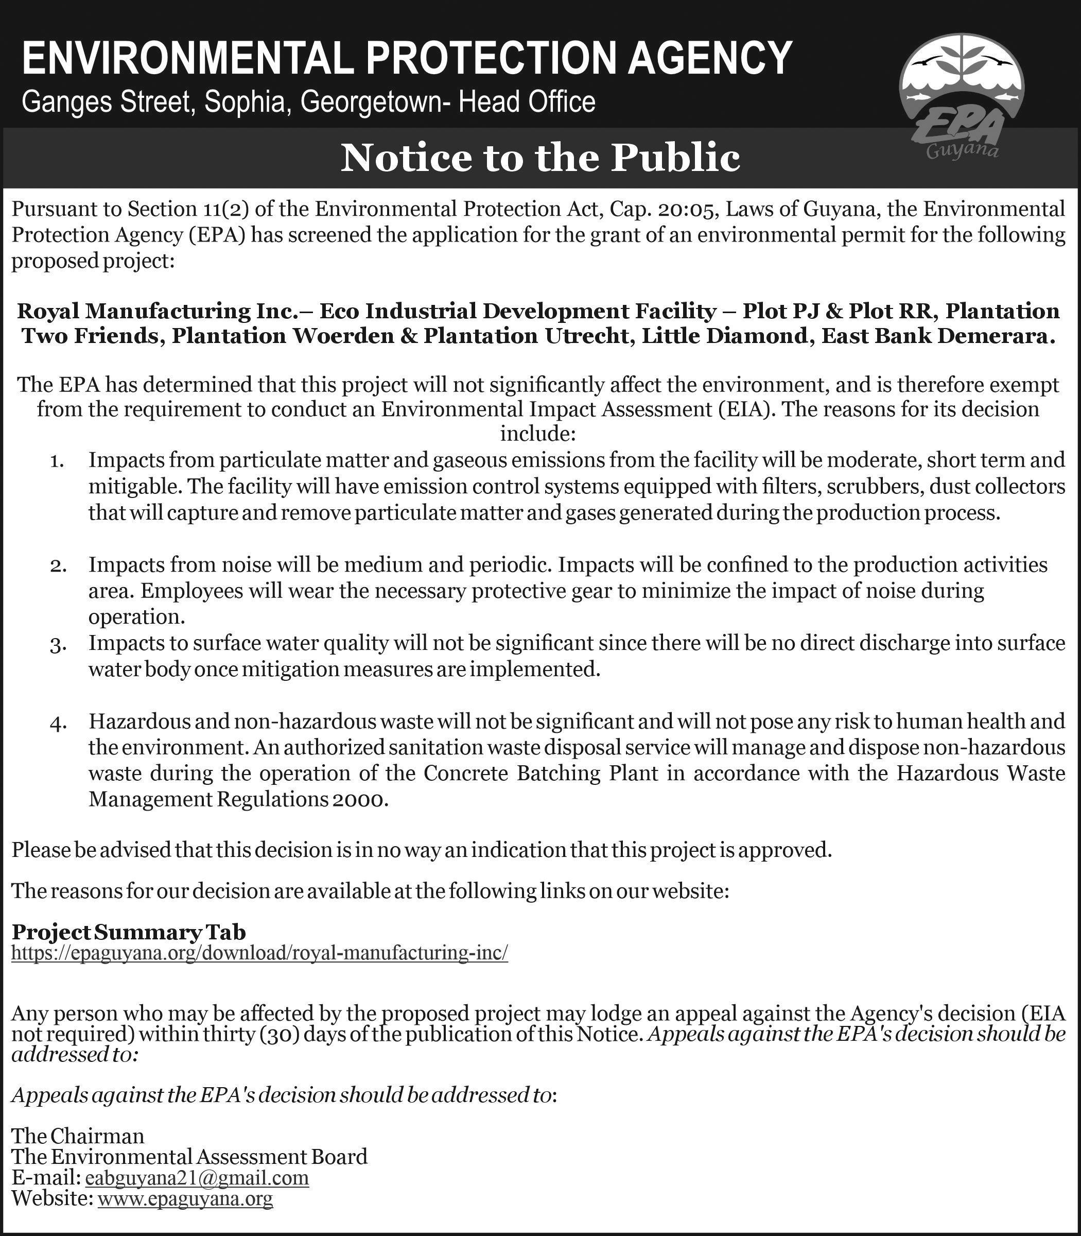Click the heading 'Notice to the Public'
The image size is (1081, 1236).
[x=540, y=158]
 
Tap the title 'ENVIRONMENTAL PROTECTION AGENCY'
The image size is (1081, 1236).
[x=407, y=59]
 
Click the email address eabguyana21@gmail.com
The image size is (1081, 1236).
[x=197, y=1177]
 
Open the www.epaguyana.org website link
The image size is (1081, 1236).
[x=185, y=1198]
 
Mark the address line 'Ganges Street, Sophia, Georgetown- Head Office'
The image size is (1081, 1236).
[x=308, y=102]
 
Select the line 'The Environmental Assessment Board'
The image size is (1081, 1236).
[x=189, y=1156]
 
